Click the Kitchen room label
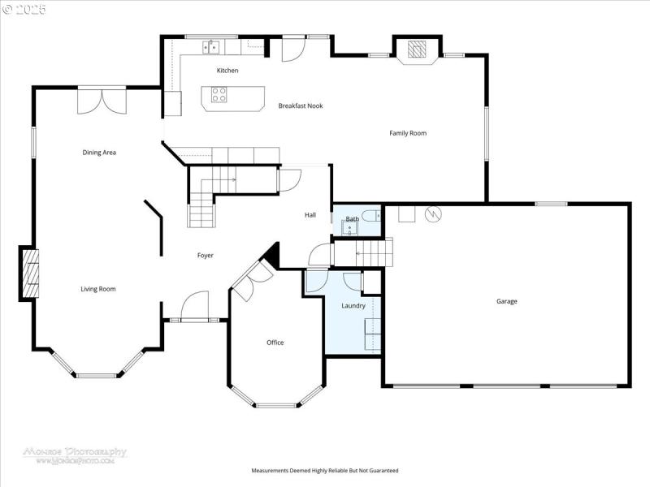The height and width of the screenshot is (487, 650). [x=227, y=71]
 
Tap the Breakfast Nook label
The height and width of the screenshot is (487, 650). [x=301, y=106]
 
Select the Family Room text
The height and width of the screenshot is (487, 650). [x=408, y=133]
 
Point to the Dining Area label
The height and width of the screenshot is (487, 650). [x=98, y=153]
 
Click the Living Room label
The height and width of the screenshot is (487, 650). [x=97, y=289]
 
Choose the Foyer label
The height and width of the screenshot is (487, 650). [x=206, y=256]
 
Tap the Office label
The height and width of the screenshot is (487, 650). [x=275, y=343]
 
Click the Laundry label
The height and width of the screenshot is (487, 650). [x=353, y=306]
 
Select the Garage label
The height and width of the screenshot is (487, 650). [x=507, y=301]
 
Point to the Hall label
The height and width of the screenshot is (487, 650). [x=310, y=215]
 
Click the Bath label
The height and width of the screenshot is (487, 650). [x=352, y=219]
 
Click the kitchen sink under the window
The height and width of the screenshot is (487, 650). [x=210, y=46]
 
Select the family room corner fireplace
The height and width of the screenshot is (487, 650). [x=417, y=49]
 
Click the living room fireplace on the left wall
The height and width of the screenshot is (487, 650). [x=29, y=274]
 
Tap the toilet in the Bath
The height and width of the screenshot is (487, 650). [x=371, y=215]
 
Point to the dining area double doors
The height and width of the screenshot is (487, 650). [x=102, y=100]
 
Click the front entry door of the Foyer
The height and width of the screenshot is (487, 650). [x=195, y=308]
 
